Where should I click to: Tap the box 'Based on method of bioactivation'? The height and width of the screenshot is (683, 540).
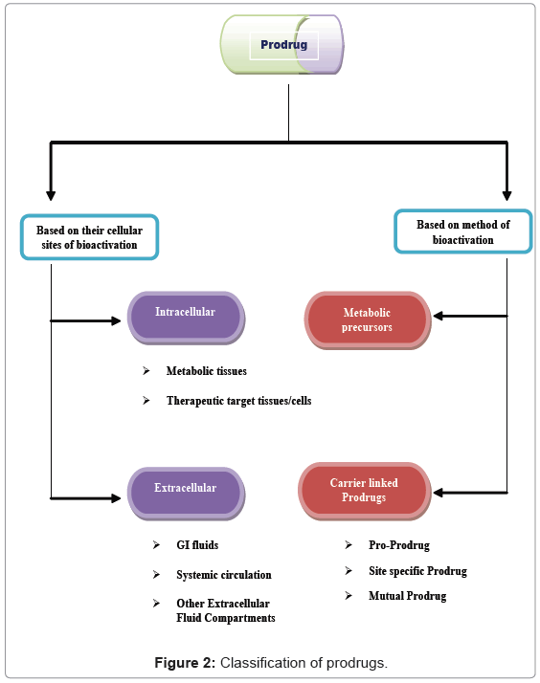[x=462, y=232]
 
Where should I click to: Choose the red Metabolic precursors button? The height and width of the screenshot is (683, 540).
[x=367, y=319]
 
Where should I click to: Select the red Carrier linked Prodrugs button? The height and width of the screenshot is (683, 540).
[x=364, y=490]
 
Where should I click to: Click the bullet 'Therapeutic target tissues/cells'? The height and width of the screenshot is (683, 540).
[x=238, y=401]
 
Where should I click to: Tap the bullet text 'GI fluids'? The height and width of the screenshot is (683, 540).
[x=197, y=545]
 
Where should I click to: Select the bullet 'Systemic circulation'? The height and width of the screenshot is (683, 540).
[x=224, y=575]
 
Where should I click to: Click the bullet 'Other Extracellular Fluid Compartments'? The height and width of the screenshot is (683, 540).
[x=225, y=610]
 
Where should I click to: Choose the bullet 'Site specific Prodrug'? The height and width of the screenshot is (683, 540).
[x=417, y=571]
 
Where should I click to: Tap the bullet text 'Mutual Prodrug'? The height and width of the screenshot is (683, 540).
[x=407, y=596]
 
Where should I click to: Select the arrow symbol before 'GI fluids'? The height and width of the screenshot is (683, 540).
[x=156, y=545]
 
